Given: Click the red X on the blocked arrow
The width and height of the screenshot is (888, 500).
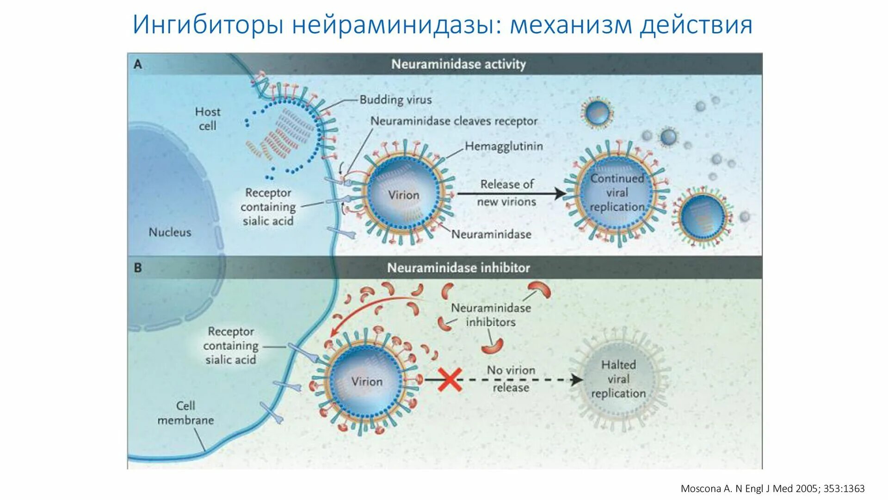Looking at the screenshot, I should click(x=450, y=380).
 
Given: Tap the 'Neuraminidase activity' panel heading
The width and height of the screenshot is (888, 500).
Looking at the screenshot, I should click(x=458, y=64).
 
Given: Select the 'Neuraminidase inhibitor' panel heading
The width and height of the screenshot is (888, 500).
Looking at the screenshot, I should click(x=458, y=268).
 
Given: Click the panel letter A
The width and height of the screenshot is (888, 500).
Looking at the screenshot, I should click(x=138, y=64).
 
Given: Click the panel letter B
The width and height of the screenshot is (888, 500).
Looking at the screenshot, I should click(x=138, y=268).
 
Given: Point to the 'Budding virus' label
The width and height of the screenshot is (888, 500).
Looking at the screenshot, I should click(x=395, y=100).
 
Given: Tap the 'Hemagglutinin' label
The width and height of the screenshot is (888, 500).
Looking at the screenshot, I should click(x=504, y=146).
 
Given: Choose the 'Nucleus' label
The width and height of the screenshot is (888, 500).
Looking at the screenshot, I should click(x=170, y=232).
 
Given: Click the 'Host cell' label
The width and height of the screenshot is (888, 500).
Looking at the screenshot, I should click(x=208, y=119).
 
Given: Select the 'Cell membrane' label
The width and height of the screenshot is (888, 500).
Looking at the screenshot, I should click(x=185, y=412).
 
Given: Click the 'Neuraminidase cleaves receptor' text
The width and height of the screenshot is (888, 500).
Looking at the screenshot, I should click(x=454, y=121).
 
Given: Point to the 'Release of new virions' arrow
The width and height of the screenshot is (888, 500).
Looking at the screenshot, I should click(x=511, y=194).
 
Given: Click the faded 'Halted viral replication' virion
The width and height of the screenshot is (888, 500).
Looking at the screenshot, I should click(x=618, y=379).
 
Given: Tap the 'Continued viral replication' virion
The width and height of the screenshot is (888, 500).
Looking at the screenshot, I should click(x=617, y=193).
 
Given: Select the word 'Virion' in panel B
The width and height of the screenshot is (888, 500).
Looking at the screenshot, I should click(x=367, y=381).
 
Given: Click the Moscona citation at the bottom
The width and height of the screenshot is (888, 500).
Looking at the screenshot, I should click(x=772, y=488).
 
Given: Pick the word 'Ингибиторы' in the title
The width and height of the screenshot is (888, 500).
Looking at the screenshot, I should click(x=208, y=25).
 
